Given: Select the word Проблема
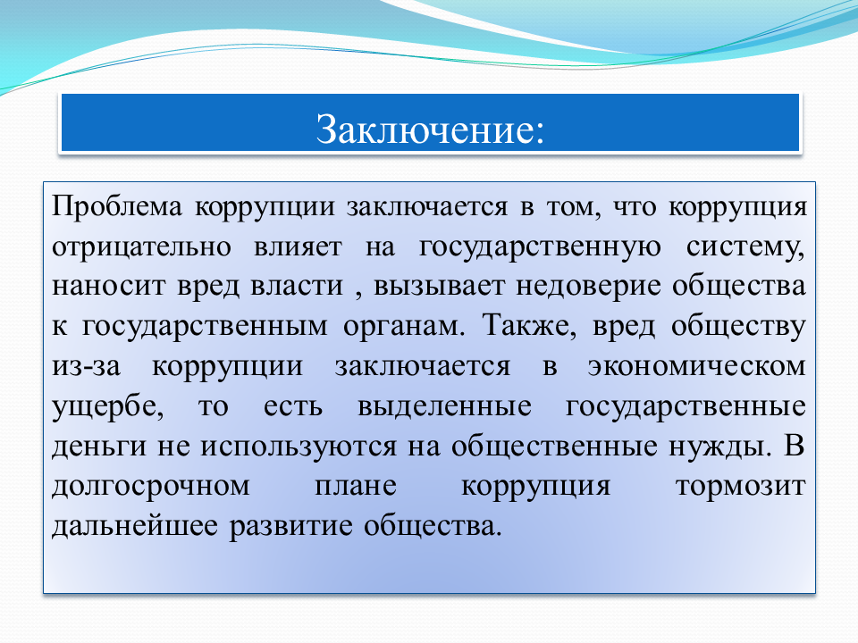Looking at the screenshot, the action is click(x=116, y=206).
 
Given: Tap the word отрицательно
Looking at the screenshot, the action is click(x=142, y=247).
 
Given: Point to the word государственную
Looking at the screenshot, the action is click(x=540, y=247).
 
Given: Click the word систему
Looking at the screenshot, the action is click(x=745, y=247).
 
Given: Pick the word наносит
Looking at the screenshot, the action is click(x=108, y=286).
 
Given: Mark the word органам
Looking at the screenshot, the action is click(x=404, y=327).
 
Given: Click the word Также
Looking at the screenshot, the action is click(x=529, y=326).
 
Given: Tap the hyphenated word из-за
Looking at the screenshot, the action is click(x=86, y=366).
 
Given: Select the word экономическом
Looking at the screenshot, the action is click(x=696, y=366).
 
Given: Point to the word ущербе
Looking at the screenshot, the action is click(x=108, y=407).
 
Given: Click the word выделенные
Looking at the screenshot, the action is click(x=444, y=407).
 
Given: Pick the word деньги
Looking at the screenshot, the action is click(x=99, y=447).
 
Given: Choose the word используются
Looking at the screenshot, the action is click(x=298, y=447).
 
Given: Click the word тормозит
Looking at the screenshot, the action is click(x=740, y=487).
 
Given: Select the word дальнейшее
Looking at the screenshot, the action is click(x=135, y=527).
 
